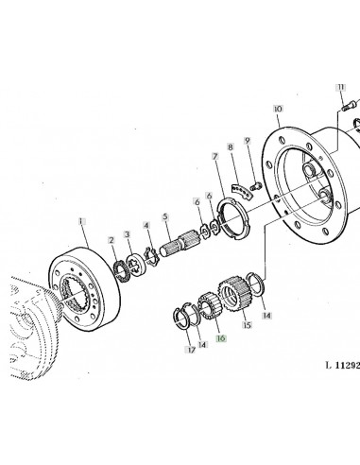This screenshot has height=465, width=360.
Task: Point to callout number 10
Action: [x=277, y=110]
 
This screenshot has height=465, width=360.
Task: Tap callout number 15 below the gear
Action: [x=249, y=327]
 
